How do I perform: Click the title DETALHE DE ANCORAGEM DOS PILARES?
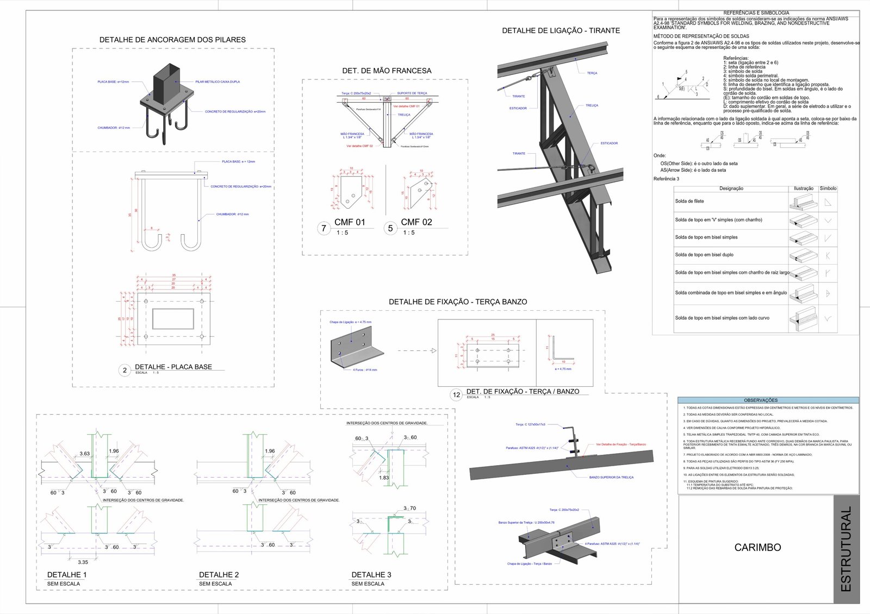pyautogui.click(x=172, y=40)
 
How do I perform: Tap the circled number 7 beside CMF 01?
pyautogui.click(x=324, y=228)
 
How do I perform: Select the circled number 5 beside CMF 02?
pyautogui.click(x=390, y=228)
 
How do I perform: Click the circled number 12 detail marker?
pyautogui.click(x=457, y=395)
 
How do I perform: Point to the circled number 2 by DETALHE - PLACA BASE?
pyautogui.click(x=125, y=370)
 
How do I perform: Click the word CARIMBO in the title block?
pyautogui.click(x=757, y=547)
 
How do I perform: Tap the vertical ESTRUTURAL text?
pyautogui.click(x=846, y=549)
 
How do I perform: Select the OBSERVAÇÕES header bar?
pyautogui.click(x=768, y=400)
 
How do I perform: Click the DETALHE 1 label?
pyautogui.click(x=67, y=574)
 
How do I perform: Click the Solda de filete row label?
pyautogui.click(x=689, y=201)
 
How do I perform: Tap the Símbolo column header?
pyautogui.click(x=828, y=189)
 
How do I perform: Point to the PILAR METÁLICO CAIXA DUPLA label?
pyautogui.click(x=217, y=82)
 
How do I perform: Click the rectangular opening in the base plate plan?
pyautogui.click(x=173, y=319)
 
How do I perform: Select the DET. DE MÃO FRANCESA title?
pyautogui.click(x=387, y=71)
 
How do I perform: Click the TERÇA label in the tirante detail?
pyautogui.click(x=592, y=73)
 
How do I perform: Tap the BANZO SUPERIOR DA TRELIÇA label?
pyautogui.click(x=611, y=477)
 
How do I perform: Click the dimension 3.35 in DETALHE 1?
pyautogui.click(x=83, y=562)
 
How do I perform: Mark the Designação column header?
pyautogui.click(x=731, y=189)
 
